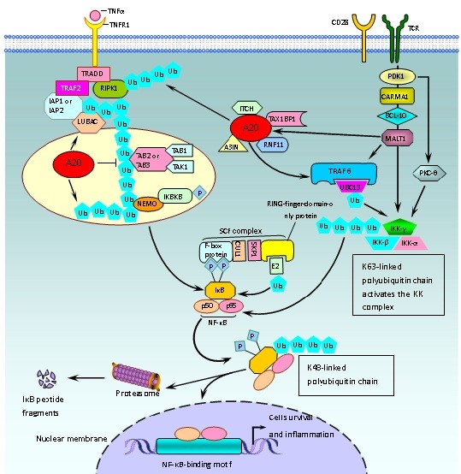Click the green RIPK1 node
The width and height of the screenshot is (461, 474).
tap(109, 89)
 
